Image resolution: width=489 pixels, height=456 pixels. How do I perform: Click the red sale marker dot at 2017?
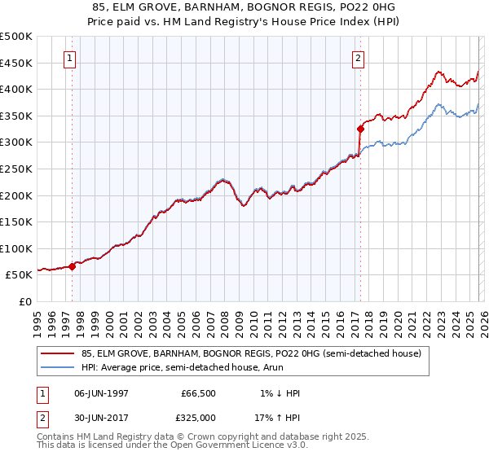359,129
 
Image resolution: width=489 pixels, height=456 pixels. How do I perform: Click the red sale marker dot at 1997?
72,265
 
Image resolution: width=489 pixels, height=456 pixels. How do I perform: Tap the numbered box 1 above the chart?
71,58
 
